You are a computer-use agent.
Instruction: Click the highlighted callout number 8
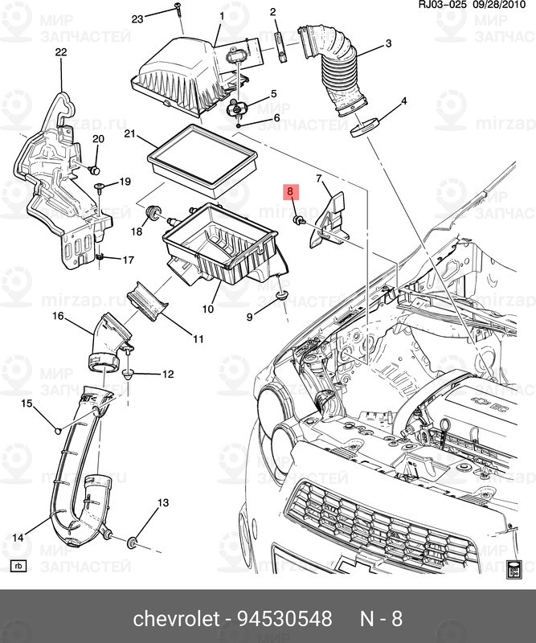290,192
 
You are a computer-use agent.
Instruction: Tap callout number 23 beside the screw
137,18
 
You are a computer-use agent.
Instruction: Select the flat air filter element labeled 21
204,160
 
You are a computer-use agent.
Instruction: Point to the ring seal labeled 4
366,127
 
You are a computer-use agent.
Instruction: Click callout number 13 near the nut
163,503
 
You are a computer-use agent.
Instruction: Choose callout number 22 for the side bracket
61,53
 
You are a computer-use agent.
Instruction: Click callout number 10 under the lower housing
207,309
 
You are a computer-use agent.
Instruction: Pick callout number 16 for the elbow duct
58,316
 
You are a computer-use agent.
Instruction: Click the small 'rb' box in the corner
18,566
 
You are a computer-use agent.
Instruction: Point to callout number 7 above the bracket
318,178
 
